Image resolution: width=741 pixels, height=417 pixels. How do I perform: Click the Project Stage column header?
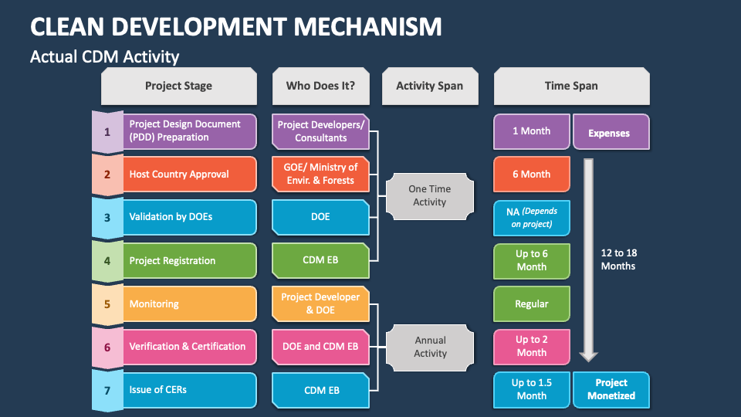(x=178, y=86)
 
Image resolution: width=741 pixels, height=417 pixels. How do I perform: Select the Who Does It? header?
(x=320, y=86)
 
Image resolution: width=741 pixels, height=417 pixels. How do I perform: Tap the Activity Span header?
(x=429, y=86)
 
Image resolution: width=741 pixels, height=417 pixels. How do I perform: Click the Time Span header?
(x=570, y=86)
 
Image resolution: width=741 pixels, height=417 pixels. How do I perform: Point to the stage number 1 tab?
(x=107, y=131)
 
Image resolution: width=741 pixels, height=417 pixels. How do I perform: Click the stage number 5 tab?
(x=107, y=304)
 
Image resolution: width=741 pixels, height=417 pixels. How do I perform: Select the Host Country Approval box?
(x=189, y=175)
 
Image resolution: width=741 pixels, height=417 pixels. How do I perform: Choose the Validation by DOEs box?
(x=189, y=217)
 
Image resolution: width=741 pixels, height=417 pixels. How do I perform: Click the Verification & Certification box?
(x=189, y=347)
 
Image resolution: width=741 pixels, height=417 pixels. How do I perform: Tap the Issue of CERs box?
(x=189, y=390)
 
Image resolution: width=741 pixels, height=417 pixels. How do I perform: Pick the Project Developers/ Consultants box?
(x=320, y=131)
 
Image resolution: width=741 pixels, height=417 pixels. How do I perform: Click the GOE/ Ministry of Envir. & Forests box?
(x=320, y=175)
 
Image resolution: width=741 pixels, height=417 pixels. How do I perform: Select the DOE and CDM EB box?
(x=320, y=347)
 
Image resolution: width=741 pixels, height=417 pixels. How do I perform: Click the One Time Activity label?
(x=430, y=195)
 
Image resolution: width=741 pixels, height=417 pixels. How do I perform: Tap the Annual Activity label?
(x=430, y=347)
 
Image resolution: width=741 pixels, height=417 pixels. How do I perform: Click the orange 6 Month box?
(x=532, y=175)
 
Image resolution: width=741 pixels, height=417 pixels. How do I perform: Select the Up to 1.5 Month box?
(x=532, y=389)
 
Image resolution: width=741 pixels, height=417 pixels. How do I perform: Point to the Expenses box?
(x=610, y=132)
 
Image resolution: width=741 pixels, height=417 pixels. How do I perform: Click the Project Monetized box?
(x=611, y=389)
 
